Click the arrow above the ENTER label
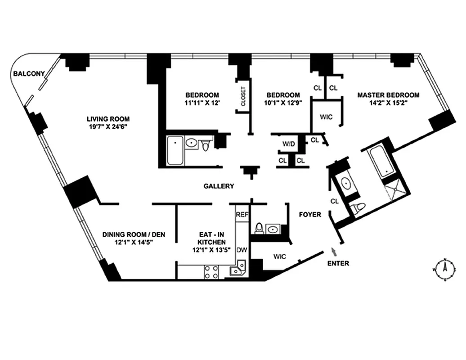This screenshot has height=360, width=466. pos(333,251)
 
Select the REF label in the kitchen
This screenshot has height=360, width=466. pos(242,215)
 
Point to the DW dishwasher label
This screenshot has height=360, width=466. pos(242,250)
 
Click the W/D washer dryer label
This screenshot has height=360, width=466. pos(289,144)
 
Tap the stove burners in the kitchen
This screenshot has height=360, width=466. pos(211,271)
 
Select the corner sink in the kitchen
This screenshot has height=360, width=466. pos(237,270)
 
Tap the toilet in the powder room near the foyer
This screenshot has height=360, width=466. pos(260,229)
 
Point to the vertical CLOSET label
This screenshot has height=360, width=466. pos(243,96)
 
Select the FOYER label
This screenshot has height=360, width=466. pos(310,215)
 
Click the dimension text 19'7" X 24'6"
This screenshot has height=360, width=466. pos(108,127)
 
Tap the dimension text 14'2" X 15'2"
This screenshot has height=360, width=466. pos(388,103)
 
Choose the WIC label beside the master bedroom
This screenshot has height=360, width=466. pos(326,117)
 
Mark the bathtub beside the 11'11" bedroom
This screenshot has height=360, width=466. pos(175,151)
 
